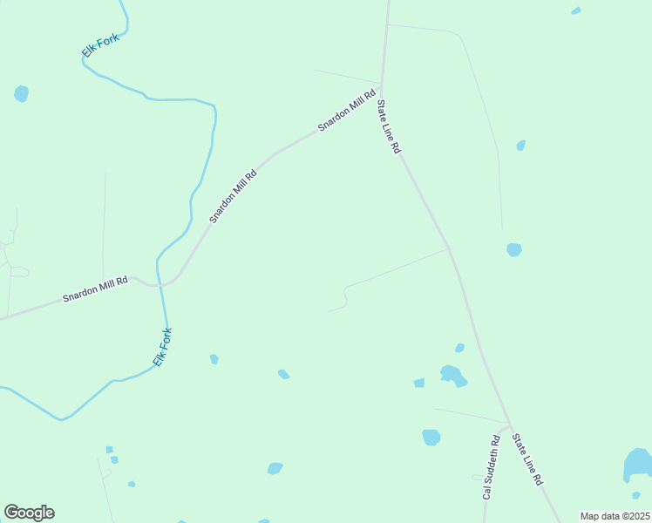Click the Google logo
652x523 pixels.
coord(29,513)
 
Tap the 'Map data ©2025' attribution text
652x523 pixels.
coord(615,516)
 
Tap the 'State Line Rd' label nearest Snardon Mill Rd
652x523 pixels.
coord(388,127)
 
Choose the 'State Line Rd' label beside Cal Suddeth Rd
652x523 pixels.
coord(527,458)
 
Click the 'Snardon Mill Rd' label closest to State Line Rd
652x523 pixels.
coord(346,110)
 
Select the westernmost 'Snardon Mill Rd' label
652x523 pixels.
coord(95,289)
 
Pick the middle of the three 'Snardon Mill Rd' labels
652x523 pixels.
coord(233,196)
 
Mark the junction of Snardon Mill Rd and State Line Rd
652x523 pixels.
coord(381,85)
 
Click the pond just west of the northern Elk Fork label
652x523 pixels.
coord(21,93)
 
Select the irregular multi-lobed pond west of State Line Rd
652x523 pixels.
coord(452,376)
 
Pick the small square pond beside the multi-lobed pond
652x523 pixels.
coord(419,383)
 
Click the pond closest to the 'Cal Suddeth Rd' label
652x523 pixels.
coord(431,437)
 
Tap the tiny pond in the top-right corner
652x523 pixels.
coord(576,11)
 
